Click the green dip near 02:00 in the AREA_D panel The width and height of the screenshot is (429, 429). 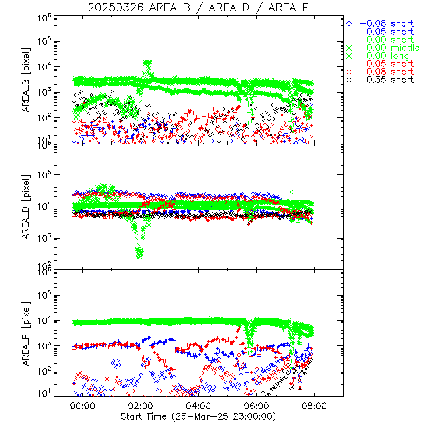[x=139, y=251]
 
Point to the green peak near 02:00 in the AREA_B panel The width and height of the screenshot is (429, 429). [x=147, y=64]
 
